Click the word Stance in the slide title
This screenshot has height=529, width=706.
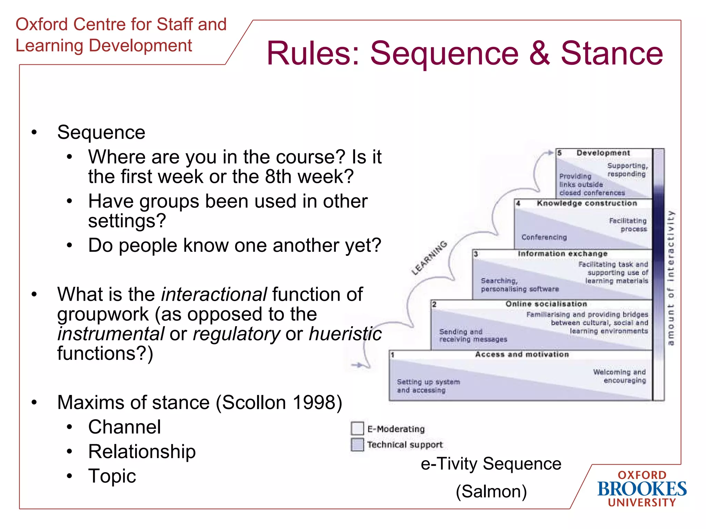[612, 53]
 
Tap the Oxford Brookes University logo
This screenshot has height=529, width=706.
[642, 489]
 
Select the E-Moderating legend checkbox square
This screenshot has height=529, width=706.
[357, 428]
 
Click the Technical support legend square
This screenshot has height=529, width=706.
[357, 444]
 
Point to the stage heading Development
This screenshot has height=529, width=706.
[603, 153]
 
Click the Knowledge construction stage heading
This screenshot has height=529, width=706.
[587, 203]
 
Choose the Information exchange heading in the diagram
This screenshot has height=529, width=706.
[563, 254]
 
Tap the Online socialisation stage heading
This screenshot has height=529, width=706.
[546, 304]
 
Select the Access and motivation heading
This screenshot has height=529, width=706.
[522, 354]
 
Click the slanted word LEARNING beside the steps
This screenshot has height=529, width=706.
[429, 258]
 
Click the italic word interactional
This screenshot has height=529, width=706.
[214, 294]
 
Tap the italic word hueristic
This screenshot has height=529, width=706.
[345, 334]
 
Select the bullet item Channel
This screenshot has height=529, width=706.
[124, 427]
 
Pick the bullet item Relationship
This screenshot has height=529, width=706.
[142, 452]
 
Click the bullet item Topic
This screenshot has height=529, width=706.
[112, 476]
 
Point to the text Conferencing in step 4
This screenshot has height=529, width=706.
[544, 237]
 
